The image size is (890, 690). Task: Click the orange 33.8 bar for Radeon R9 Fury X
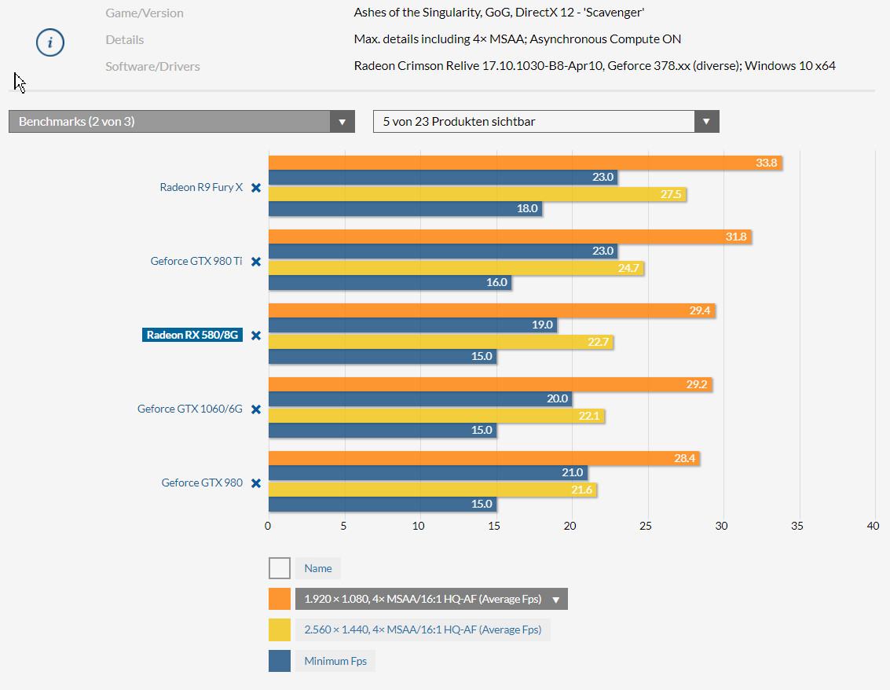(x=525, y=163)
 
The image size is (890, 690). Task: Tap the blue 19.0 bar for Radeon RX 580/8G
(x=412, y=325)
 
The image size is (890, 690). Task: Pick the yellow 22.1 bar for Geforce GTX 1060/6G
(x=436, y=416)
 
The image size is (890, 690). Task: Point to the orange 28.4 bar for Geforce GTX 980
(x=484, y=458)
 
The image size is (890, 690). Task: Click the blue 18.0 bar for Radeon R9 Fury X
(x=405, y=208)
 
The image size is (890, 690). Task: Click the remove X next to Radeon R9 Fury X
(x=256, y=188)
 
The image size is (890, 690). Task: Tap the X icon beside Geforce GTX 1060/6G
(x=256, y=409)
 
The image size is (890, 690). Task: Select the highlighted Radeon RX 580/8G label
(x=192, y=335)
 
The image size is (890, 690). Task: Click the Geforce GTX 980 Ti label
(x=196, y=261)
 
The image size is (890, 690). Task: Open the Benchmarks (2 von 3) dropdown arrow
(x=342, y=122)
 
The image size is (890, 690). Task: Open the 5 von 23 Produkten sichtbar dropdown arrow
(x=706, y=122)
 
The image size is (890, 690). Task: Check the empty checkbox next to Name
(x=280, y=568)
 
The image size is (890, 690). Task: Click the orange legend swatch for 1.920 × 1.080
(x=280, y=599)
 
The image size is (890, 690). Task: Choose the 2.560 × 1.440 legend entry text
(x=423, y=629)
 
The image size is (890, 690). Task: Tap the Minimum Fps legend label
(x=335, y=661)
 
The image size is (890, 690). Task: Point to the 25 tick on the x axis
(x=646, y=526)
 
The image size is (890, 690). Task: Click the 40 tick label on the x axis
(x=873, y=526)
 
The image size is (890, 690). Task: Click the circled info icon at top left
(x=50, y=42)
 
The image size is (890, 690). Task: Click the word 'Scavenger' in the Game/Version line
(x=613, y=13)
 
